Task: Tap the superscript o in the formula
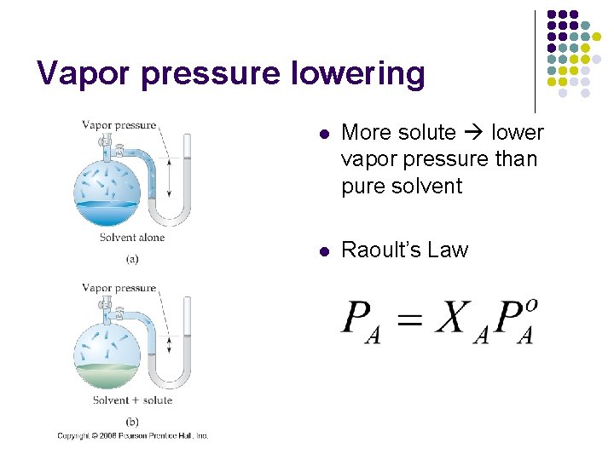[x=532, y=304]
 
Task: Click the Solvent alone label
[x=131, y=238]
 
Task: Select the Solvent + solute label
[x=132, y=400]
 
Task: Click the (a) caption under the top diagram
[x=132, y=258]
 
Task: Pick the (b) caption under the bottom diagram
[x=132, y=421]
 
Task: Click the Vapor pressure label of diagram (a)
[x=119, y=125]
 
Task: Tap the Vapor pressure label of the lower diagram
[x=119, y=288]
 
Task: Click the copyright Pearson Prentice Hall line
[x=132, y=435]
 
